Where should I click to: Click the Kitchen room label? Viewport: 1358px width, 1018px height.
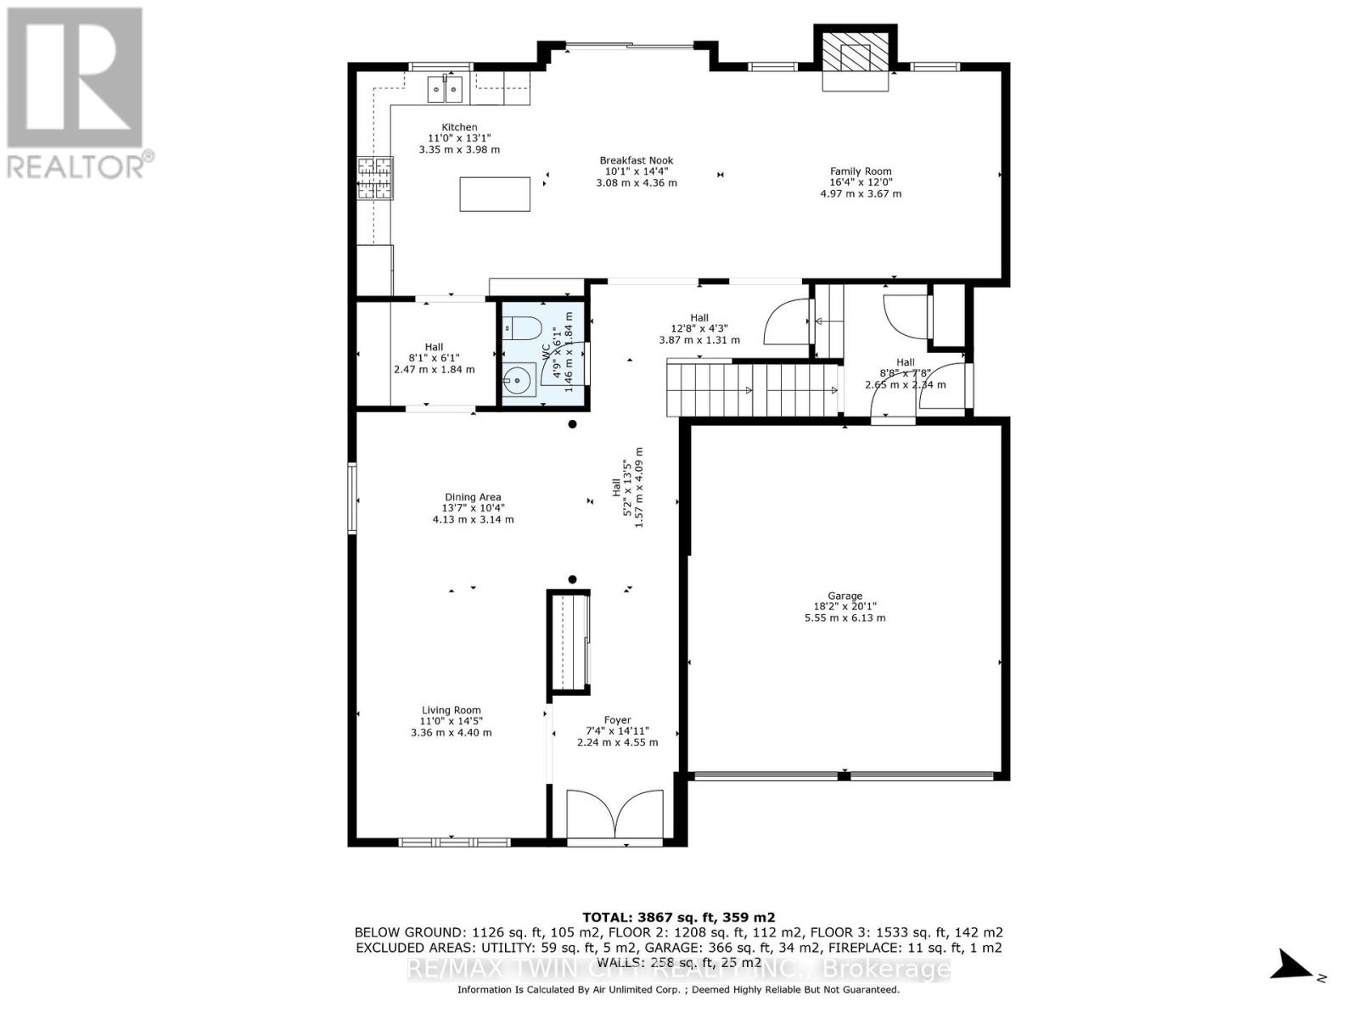click(x=459, y=127)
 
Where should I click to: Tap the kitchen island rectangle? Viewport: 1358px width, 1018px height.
click(x=495, y=193)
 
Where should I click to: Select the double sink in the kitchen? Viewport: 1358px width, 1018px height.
click(x=445, y=88)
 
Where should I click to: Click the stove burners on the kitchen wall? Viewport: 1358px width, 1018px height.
click(x=376, y=179)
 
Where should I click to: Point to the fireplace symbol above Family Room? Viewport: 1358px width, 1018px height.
click(x=856, y=57)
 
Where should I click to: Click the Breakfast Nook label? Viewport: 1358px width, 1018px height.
click(x=636, y=160)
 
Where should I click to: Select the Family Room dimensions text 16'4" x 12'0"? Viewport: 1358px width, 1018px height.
click(x=861, y=182)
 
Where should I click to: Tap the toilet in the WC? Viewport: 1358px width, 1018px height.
click(x=522, y=327)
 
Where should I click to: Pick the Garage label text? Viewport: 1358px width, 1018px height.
click(x=845, y=596)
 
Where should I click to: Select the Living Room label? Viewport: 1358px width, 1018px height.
click(x=451, y=711)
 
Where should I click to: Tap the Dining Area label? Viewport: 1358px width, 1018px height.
click(x=473, y=498)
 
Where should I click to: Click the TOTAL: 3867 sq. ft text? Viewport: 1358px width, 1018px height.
click(x=678, y=917)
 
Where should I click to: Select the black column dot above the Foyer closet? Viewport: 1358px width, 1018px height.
click(x=572, y=579)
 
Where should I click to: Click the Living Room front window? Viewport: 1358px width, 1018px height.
click(x=454, y=842)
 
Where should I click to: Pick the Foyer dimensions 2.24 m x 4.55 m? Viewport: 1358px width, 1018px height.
click(x=617, y=742)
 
